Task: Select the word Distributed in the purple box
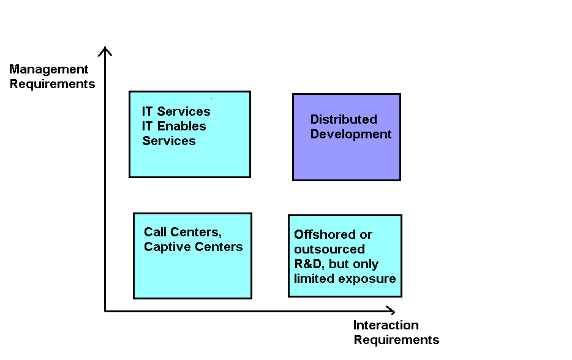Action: click(344, 119)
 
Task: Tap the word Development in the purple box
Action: click(351, 134)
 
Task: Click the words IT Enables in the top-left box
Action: click(174, 126)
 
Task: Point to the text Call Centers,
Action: click(183, 232)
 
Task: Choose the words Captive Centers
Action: click(194, 247)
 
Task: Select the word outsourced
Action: click(329, 249)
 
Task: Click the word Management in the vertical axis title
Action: click(49, 69)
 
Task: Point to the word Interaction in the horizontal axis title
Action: click(386, 325)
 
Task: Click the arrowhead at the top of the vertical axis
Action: click(105, 49)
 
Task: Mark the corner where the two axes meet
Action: click(105, 311)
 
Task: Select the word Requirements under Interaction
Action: click(396, 340)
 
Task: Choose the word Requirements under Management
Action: click(53, 84)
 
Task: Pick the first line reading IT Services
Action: click(176, 111)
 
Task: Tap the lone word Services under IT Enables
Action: click(169, 141)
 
